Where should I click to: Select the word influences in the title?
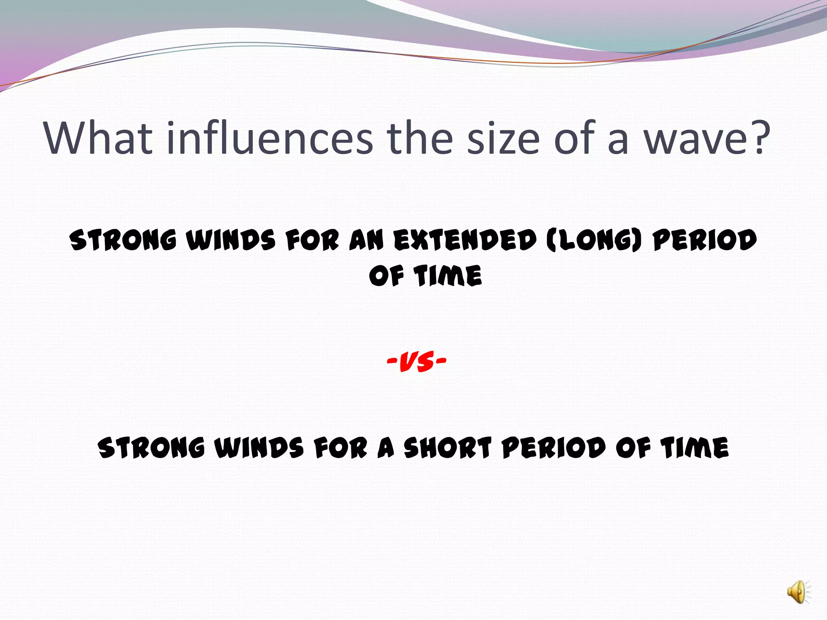pyautogui.click(x=269, y=138)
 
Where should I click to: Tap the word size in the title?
pyautogui.click(x=503, y=138)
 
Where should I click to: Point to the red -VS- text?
pyautogui.click(x=416, y=361)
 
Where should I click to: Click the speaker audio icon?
pyautogui.click(x=798, y=593)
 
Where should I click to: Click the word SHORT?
pyautogui.click(x=447, y=448)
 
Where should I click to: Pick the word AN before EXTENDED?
pyautogui.click(x=366, y=240)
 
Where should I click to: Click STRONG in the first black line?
pyautogui.click(x=123, y=240)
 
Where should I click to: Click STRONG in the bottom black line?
pyautogui.click(x=151, y=448)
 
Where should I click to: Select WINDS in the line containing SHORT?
pyautogui.click(x=258, y=448)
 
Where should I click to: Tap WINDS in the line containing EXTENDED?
pyautogui.click(x=231, y=240)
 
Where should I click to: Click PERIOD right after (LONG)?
pyautogui.click(x=705, y=240)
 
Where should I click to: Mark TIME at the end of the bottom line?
pyautogui.click(x=695, y=448)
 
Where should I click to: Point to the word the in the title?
pyautogui.click(x=420, y=138)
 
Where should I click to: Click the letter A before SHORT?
pyautogui.click(x=386, y=448)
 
